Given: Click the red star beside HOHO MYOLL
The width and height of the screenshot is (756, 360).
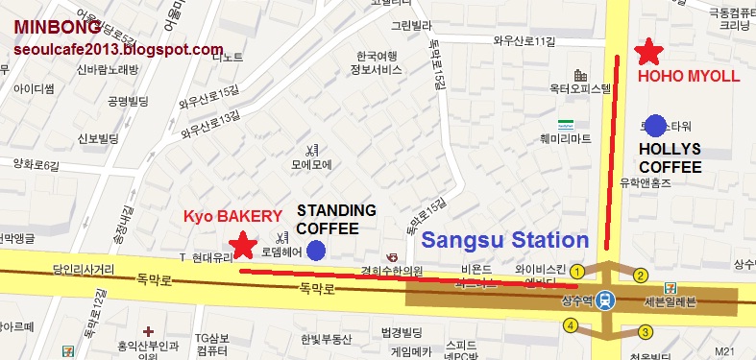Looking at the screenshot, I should click(650, 52).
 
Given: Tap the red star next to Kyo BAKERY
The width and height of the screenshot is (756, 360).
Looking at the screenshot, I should click(243, 246).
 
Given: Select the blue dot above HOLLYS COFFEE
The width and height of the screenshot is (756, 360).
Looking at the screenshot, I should click(656, 125).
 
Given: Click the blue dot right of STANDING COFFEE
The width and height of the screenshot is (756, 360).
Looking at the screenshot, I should click(315, 251).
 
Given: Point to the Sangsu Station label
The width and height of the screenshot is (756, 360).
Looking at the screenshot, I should click(505, 240).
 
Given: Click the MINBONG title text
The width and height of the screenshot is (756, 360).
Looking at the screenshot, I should click(58, 26).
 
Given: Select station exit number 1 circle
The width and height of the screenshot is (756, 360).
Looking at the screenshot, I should click(577, 272).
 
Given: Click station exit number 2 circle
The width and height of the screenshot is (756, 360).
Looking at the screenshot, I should click(640, 276).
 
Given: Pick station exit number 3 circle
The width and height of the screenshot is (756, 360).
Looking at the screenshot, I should click(646, 331).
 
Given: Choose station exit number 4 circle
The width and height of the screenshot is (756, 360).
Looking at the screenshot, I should click(571, 325).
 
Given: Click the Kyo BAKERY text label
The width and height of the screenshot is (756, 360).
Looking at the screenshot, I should click(233, 217).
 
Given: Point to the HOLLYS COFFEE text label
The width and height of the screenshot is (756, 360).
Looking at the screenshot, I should click(670, 158).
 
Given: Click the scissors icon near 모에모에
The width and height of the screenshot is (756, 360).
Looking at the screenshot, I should click(311, 150).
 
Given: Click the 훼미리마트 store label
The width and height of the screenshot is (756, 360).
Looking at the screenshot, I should click(567, 138).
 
